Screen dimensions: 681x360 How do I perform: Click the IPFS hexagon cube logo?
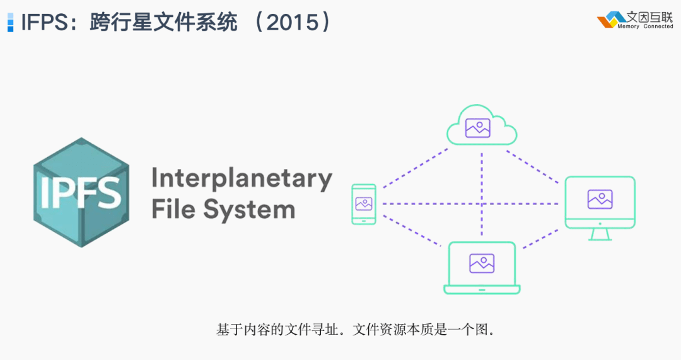pos(81,192)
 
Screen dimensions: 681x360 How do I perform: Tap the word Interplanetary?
pos(242,179)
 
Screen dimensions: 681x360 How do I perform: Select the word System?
pos(249,210)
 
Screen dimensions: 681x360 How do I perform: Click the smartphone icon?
pos(364,204)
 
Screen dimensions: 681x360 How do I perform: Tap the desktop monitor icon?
pos(600,208)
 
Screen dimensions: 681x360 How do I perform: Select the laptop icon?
pos(482,268)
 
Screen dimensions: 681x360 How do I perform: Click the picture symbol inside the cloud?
pos(478,128)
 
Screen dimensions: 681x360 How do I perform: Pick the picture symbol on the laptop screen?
pos(482,263)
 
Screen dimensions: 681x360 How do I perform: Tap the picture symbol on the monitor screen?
pos(600,199)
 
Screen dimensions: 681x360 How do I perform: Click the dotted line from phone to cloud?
pos(415,168)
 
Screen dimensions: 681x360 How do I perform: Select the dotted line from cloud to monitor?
pos(532,166)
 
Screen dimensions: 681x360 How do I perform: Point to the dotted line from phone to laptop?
pos(411,231)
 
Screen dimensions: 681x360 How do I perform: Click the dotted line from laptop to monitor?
pos(541,239)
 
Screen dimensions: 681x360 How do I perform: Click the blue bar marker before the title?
pos(11,22)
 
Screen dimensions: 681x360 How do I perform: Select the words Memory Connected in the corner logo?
pos(645,26)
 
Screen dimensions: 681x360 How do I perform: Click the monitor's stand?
pos(600,235)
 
